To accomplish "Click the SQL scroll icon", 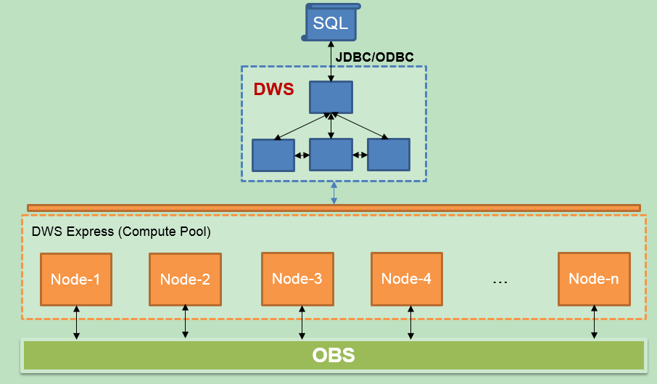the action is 331,23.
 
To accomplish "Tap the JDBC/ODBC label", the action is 375,57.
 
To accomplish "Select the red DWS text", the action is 273,89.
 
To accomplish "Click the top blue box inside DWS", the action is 331,97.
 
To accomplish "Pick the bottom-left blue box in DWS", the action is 273,155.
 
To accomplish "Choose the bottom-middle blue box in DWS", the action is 331,155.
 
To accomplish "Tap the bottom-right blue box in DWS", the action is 389,155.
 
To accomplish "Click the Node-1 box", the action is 76,279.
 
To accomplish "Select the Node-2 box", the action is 185,279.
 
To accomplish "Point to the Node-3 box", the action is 297,279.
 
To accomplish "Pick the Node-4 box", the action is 407,279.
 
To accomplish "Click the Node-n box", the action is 594,279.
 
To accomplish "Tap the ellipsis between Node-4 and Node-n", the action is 500,282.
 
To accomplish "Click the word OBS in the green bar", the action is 334,356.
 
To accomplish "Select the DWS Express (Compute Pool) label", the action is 121,232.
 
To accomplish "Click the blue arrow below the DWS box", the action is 334,193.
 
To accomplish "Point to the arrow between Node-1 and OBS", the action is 76,322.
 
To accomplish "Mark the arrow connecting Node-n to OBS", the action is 594,322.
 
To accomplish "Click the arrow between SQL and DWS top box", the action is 331,61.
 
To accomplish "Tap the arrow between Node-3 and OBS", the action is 302,322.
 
